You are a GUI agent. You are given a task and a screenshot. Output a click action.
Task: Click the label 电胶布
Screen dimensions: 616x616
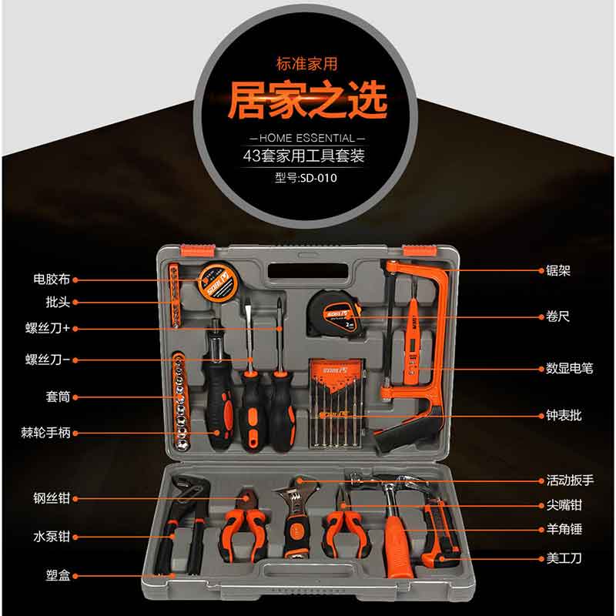pyautogui.click(x=52, y=280)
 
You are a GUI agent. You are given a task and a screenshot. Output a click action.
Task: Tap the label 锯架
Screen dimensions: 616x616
pyautogui.click(x=557, y=270)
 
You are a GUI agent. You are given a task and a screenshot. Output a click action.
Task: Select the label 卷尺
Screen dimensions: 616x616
pyautogui.click(x=557, y=316)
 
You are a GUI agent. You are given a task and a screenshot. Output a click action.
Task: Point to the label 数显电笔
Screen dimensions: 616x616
pyautogui.click(x=569, y=369)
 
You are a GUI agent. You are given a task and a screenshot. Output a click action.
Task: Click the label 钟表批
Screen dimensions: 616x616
pyautogui.click(x=564, y=416)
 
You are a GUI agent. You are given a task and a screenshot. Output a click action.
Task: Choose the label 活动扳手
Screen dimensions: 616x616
pyautogui.click(x=570, y=480)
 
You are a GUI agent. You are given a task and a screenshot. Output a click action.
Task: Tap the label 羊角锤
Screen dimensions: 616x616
pyautogui.click(x=564, y=529)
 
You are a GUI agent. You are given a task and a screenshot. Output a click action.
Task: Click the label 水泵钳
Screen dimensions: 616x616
pyautogui.click(x=52, y=537)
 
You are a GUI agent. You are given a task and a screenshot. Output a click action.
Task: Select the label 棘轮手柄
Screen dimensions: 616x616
pyautogui.click(x=46, y=433)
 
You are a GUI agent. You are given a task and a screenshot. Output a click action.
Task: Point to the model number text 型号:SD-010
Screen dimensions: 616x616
pyautogui.click(x=306, y=178)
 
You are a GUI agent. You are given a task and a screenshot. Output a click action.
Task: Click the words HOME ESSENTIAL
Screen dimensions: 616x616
pyautogui.click(x=306, y=139)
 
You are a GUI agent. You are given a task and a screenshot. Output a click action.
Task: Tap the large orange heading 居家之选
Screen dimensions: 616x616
pyautogui.click(x=307, y=100)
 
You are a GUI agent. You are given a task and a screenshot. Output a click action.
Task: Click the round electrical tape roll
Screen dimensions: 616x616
pyautogui.click(x=218, y=282)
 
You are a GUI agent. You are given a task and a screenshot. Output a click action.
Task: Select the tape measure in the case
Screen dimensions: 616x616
pyautogui.click(x=333, y=313)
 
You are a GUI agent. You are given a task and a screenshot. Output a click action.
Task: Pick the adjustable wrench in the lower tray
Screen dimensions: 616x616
pyautogui.click(x=296, y=517)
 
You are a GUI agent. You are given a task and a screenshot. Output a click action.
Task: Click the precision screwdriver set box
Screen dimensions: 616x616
pyautogui.click(x=338, y=403)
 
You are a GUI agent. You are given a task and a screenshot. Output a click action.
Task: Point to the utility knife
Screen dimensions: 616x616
pyautogui.click(x=440, y=533)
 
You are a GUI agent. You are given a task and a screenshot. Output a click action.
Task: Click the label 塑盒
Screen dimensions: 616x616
pyautogui.click(x=58, y=576)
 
